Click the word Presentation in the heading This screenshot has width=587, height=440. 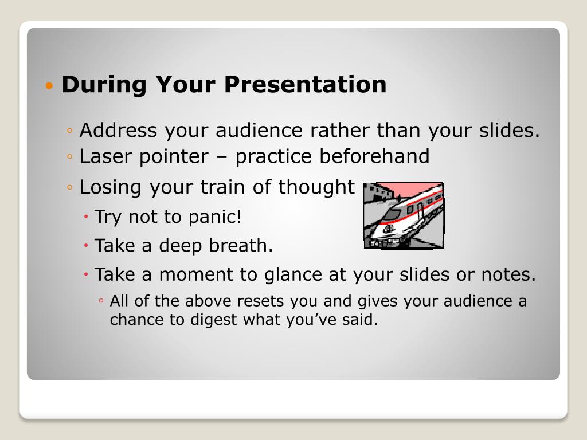(305, 84)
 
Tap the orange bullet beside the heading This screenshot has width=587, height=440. (49, 86)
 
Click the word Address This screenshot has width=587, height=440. (118, 130)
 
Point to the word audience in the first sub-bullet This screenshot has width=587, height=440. (259, 130)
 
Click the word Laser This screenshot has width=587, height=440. (105, 156)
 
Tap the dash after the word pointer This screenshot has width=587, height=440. (222, 158)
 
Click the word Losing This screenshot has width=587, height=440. (111, 187)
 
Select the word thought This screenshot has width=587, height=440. (316, 187)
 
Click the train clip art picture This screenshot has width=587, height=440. (404, 215)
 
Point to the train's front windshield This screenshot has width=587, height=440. (392, 215)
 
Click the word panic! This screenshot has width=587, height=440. (215, 217)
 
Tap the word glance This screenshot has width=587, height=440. (293, 275)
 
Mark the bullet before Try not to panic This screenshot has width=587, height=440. (86, 217)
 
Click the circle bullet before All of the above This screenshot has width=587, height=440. (101, 301)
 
